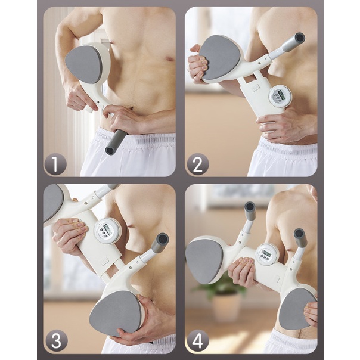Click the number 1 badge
coord(55,164)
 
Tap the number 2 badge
coord(197,164)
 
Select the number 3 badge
coord(57,341)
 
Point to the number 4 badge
coord(197,341)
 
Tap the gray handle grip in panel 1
coord(116,142)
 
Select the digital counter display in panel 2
coord(280,96)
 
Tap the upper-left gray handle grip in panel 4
coord(250,210)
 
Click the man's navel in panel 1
coord(131,108)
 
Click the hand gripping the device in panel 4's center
coord(243,272)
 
